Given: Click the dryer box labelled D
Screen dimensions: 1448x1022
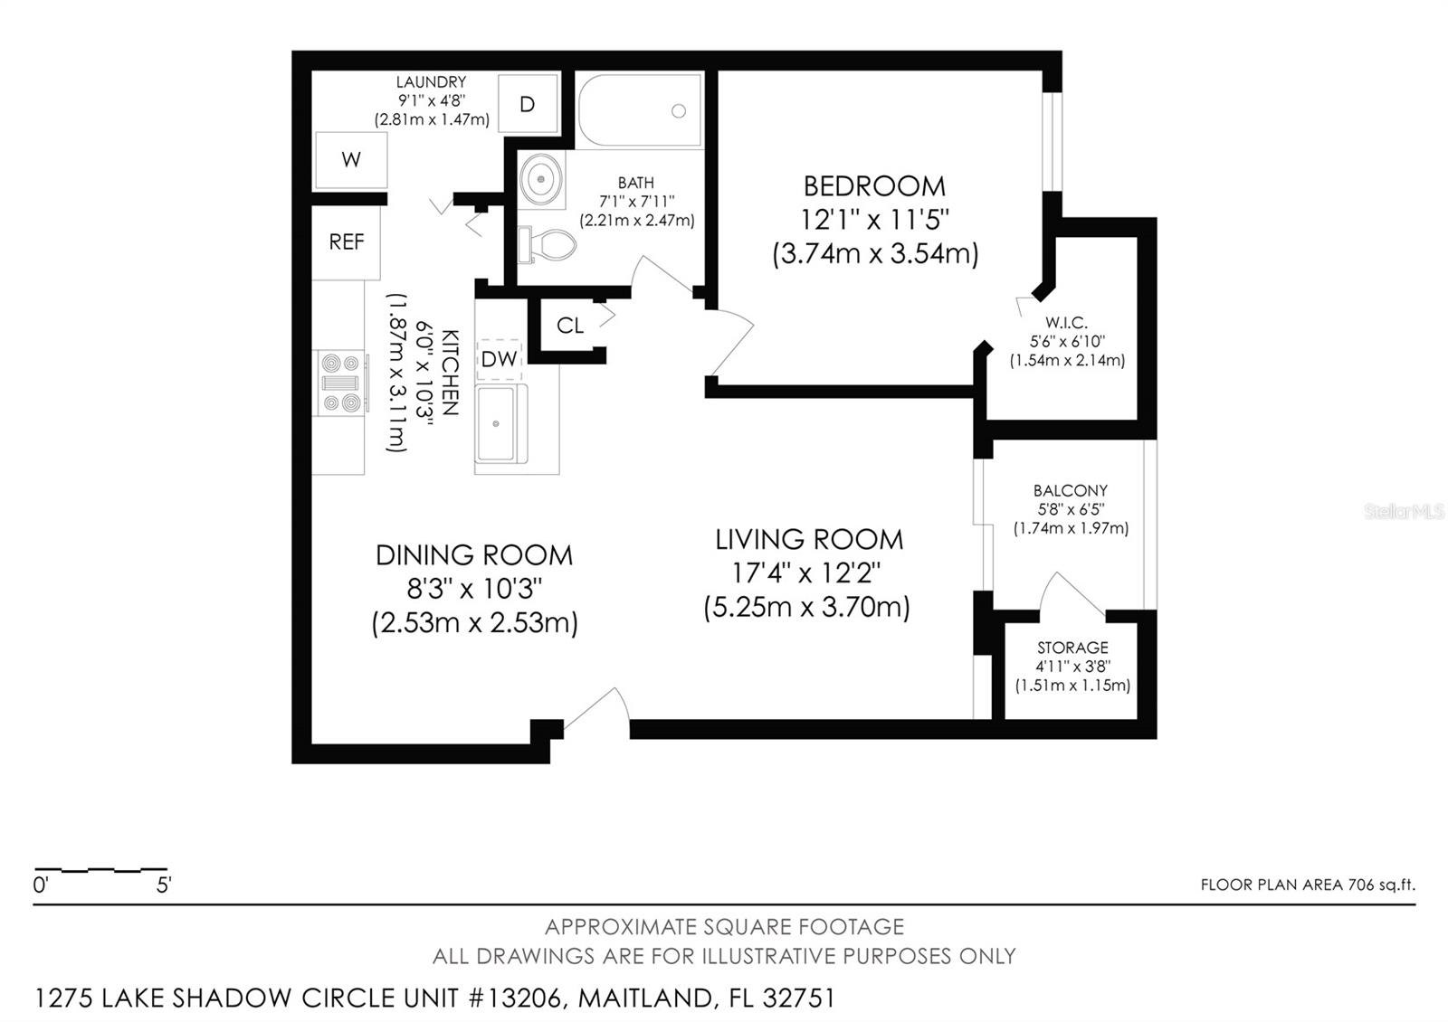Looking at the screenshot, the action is click(x=528, y=104).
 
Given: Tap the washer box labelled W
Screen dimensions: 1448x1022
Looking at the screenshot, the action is click(x=351, y=160).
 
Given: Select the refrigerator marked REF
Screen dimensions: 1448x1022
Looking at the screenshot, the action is click(x=347, y=242).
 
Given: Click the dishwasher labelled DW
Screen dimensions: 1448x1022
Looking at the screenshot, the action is click(x=499, y=359).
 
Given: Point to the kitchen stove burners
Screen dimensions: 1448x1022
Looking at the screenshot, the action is click(x=340, y=383).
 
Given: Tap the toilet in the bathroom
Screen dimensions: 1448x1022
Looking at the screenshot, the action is click(x=547, y=244).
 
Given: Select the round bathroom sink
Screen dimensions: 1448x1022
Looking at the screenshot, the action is click(x=541, y=178).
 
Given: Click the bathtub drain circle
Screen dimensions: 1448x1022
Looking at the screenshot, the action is click(x=679, y=111).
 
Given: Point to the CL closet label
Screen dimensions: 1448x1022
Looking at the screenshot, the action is click(x=570, y=326).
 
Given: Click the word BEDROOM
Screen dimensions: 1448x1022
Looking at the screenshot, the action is click(x=874, y=186).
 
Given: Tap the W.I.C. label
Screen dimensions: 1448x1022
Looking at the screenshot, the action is click(x=1066, y=322).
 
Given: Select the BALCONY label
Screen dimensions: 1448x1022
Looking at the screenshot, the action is click(x=1071, y=490).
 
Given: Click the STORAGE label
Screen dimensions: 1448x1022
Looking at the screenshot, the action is click(x=1073, y=648).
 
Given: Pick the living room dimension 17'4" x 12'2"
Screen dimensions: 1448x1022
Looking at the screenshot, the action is click(x=806, y=573).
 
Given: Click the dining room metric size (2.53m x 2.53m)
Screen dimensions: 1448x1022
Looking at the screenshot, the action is click(x=474, y=623).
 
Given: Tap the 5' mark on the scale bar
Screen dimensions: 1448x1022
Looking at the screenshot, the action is click(x=164, y=885).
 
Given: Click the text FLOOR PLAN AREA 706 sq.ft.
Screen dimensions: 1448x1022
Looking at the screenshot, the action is click(x=1308, y=885).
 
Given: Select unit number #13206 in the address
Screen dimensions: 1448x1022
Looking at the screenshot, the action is click(x=515, y=998).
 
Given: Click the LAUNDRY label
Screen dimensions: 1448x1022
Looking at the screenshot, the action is click(x=431, y=82).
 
